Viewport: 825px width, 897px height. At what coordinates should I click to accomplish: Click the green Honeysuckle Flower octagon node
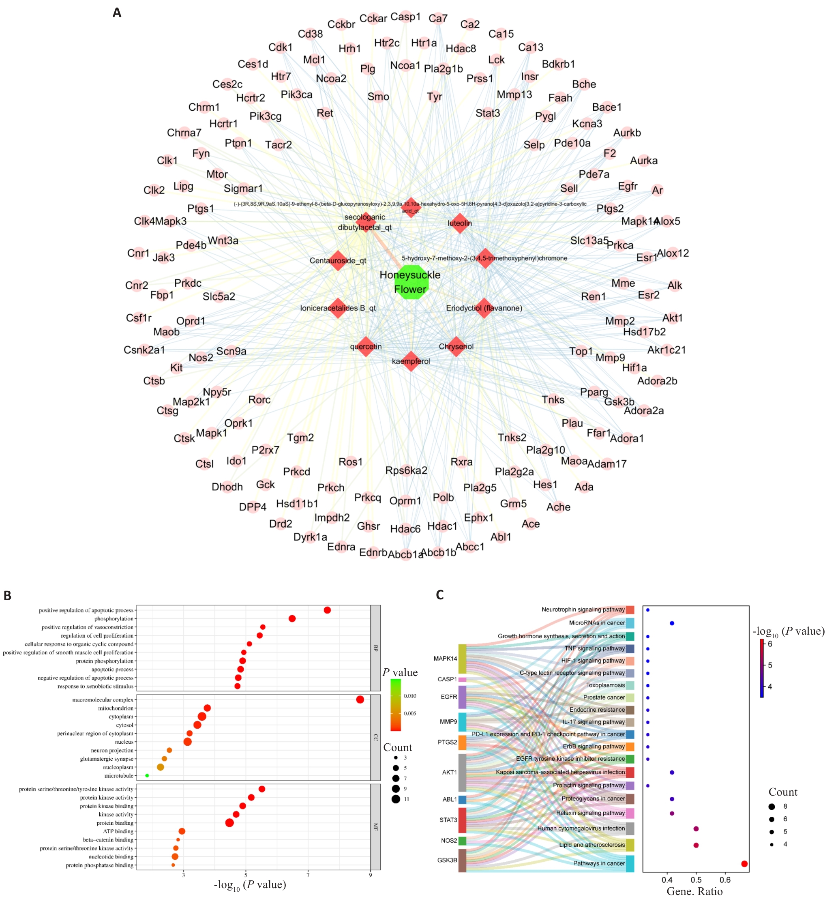point(411,282)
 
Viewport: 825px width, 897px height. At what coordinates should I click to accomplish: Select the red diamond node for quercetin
point(366,346)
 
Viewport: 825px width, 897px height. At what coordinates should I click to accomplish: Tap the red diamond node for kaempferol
point(411,361)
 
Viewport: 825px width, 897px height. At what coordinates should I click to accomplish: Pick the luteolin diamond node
point(459,223)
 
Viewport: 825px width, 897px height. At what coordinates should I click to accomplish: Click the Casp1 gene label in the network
point(405,17)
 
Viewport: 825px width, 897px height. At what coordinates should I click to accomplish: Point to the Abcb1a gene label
point(405,554)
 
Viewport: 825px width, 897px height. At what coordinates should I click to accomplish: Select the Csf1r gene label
point(138,318)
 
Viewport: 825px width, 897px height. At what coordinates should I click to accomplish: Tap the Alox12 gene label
point(673,253)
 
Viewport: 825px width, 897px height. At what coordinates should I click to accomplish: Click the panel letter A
point(117,13)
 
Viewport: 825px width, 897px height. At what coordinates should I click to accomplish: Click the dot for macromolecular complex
point(360,700)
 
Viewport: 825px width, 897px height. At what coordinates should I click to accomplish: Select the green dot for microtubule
point(147,776)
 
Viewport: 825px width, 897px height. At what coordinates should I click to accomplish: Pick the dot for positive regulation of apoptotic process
point(327,610)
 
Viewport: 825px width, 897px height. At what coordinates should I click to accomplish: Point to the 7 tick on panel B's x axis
point(308,875)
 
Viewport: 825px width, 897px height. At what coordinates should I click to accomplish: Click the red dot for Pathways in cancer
point(744,863)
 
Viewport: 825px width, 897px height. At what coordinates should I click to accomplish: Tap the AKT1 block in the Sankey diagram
point(462,773)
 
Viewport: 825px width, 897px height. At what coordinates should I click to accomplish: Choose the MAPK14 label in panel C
point(445,659)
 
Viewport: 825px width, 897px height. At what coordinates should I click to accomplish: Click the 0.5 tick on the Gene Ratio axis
point(696,880)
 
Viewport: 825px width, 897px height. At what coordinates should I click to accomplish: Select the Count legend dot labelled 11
point(396,799)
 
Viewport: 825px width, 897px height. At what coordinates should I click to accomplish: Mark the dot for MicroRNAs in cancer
point(672,623)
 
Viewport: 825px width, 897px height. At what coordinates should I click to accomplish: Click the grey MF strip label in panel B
point(375,827)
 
